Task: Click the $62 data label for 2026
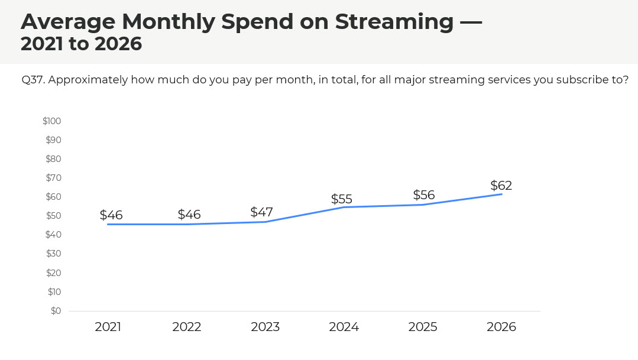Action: pos(501,186)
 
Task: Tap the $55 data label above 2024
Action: pos(342,199)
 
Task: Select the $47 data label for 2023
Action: pos(261,212)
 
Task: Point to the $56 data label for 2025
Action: pos(423,195)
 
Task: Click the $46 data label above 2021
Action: pos(111,215)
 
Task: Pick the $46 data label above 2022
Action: pos(189,215)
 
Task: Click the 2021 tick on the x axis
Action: pos(108,327)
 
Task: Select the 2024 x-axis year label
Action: pos(344,327)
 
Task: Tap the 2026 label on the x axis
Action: pos(501,327)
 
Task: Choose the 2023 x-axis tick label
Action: pos(265,327)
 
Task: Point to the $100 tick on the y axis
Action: pos(52,121)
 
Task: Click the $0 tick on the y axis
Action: pos(56,311)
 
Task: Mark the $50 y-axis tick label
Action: pos(53,216)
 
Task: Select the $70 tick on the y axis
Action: pos(53,178)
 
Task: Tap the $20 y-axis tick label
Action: pos(53,273)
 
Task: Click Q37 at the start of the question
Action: pos(32,80)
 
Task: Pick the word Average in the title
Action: pos(67,22)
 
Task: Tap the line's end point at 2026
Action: pos(502,194)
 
